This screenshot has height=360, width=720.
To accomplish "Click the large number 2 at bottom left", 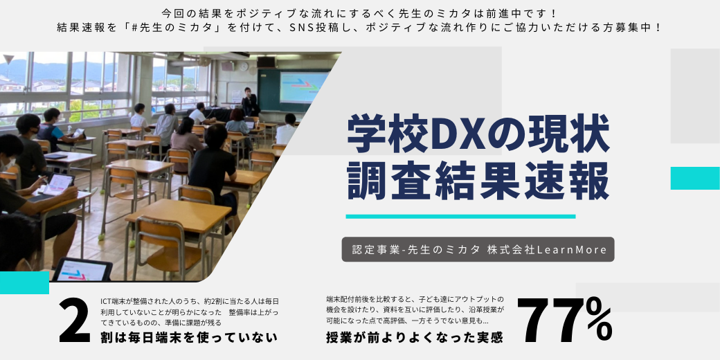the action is point(74,321).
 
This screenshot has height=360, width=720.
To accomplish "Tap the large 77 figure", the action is point(555,321).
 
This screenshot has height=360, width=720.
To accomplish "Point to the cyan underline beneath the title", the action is point(460,216).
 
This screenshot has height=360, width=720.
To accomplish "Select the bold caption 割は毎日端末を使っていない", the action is point(189,338).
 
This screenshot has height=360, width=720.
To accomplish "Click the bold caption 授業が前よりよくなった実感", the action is point(414,338).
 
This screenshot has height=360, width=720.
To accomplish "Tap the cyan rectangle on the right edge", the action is point(695,178).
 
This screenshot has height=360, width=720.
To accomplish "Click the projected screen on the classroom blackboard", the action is point(304,87).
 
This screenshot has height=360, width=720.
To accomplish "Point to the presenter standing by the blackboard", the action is point(250,102).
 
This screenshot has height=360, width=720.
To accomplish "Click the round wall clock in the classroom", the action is point(244,66).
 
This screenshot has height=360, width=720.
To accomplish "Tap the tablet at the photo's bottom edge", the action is point(82,269).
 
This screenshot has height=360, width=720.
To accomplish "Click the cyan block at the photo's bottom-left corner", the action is point(24,282).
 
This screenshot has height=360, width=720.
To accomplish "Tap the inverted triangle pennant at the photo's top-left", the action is point(9,59).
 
